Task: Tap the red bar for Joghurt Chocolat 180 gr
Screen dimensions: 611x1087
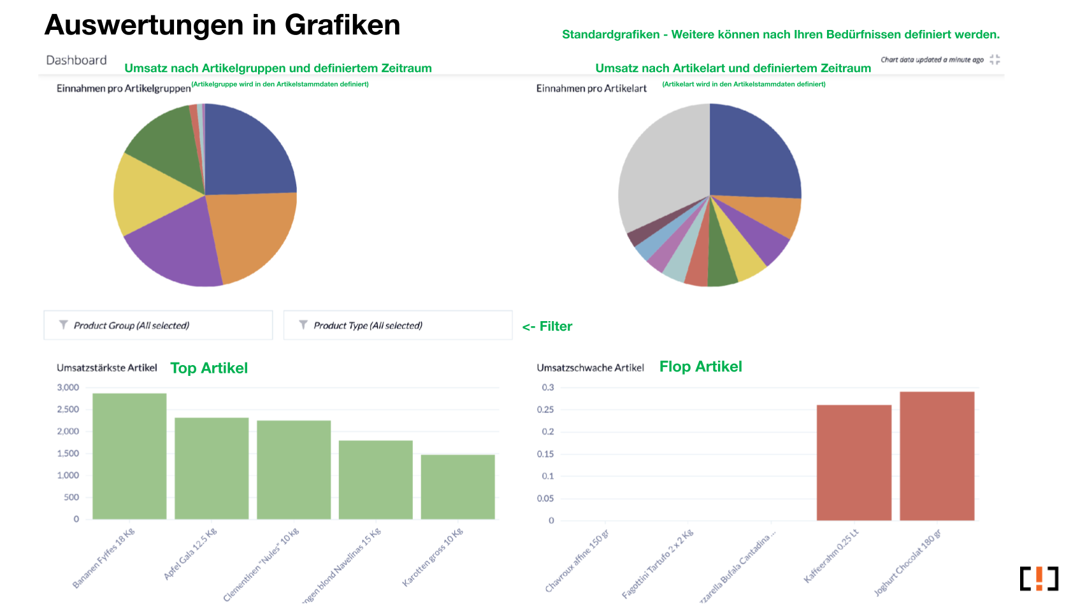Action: click(x=937, y=456)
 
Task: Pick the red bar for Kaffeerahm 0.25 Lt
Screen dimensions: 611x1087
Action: click(x=854, y=463)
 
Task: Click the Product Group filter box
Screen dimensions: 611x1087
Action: click(x=158, y=325)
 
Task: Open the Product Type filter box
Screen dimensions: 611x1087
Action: click(x=398, y=325)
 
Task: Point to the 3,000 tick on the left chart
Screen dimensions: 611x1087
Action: click(x=68, y=387)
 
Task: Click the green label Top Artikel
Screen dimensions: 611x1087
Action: click(x=209, y=368)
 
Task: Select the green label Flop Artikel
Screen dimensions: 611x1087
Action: click(x=700, y=367)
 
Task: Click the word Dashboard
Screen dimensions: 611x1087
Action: click(x=76, y=61)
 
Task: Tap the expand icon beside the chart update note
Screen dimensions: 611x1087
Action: click(x=995, y=60)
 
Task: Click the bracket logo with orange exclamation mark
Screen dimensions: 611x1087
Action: click(x=1039, y=579)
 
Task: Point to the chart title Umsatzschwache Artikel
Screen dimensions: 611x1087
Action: click(x=590, y=368)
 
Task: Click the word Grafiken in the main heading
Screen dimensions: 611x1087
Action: click(x=342, y=25)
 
